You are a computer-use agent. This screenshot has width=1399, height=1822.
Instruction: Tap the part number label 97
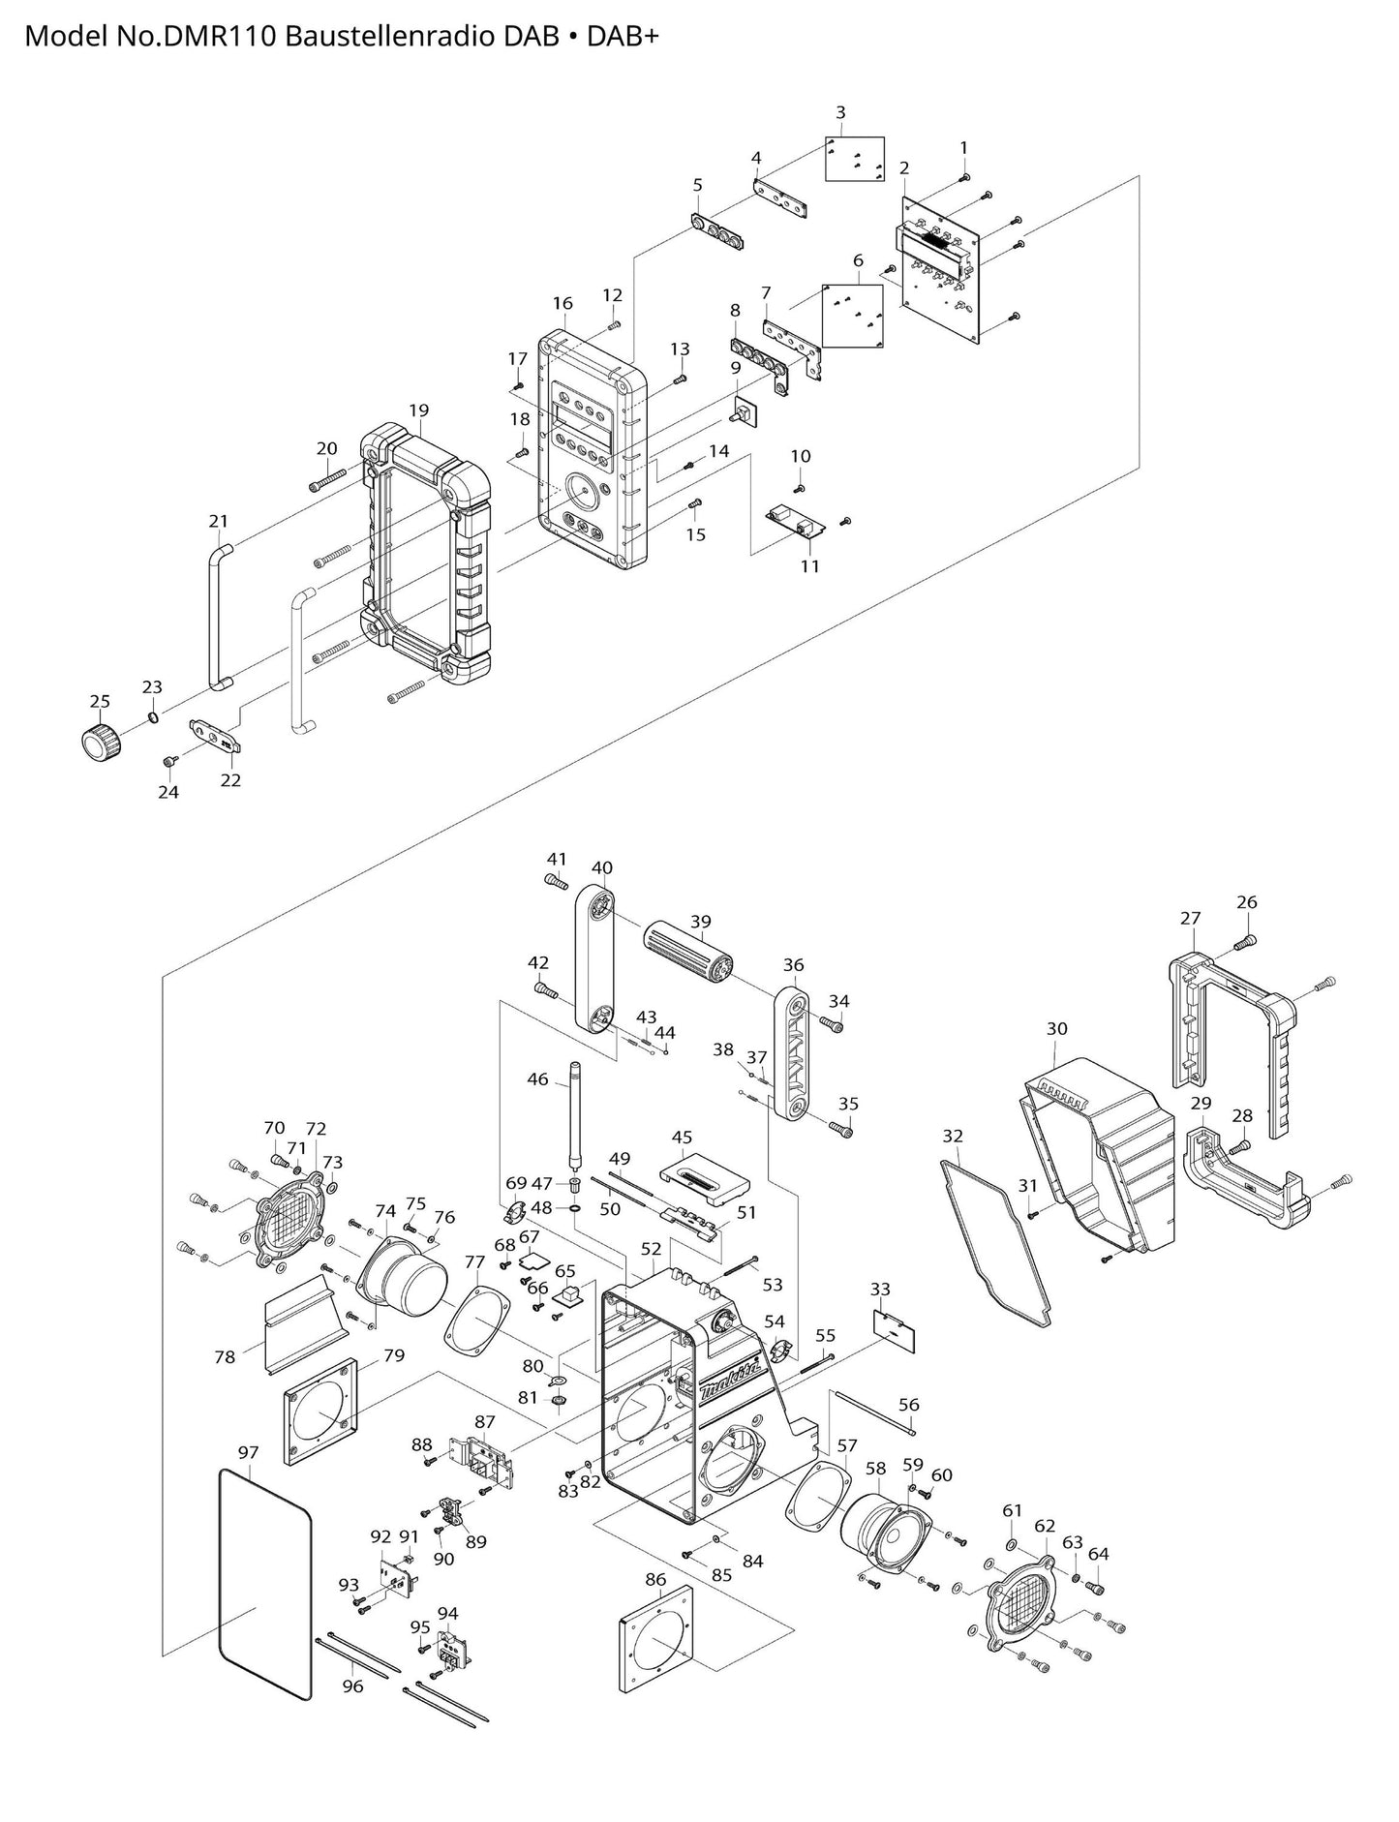[x=249, y=1452]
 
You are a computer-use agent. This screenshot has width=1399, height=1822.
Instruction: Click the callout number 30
[x=1056, y=1028]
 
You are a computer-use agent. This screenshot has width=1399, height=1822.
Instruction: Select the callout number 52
[x=651, y=1249]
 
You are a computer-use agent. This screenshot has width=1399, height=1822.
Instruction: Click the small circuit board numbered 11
[x=797, y=523]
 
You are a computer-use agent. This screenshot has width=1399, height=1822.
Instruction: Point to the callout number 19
[x=418, y=410]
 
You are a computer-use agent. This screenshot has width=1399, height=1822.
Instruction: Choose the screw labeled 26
[x=1247, y=939]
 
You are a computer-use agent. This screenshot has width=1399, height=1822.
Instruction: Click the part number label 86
[x=655, y=1579]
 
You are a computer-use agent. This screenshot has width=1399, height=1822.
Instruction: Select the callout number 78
[x=225, y=1357]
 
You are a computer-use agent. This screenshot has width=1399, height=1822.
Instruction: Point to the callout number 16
[x=563, y=303]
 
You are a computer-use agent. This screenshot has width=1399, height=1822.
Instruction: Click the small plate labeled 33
[x=896, y=1330]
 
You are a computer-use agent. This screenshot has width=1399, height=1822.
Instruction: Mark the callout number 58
[x=875, y=1468]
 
